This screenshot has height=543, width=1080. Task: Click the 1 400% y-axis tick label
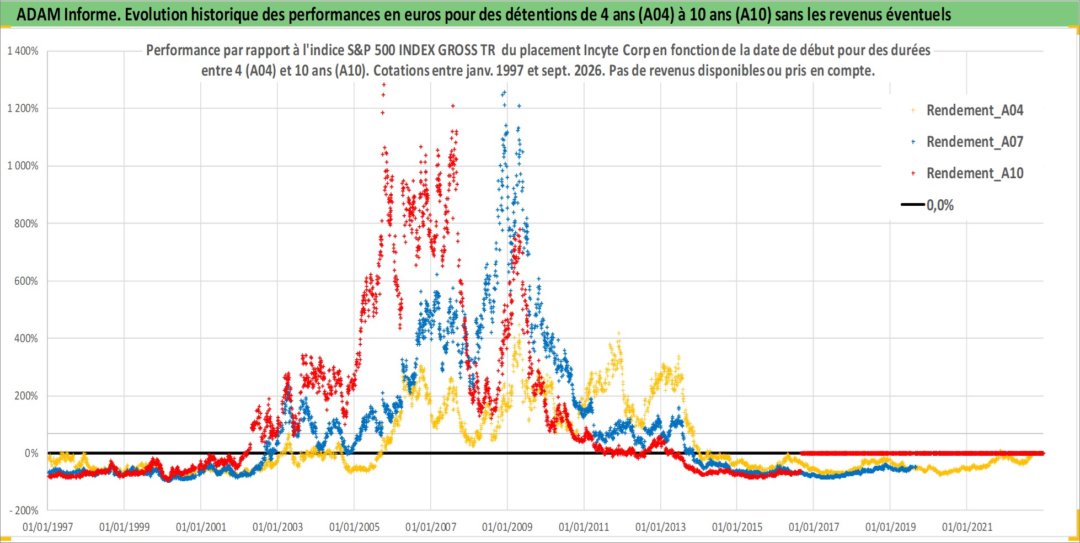(23, 51)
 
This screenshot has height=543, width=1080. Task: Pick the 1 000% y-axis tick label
(23, 166)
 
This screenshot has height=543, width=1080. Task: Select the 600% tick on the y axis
(26, 281)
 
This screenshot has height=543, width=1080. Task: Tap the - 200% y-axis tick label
(24, 510)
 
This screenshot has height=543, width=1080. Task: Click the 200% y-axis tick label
(26, 396)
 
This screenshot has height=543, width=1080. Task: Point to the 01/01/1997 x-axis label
(48, 527)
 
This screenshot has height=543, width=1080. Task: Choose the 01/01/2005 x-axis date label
(354, 527)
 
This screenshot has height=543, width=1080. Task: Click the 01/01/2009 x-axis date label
(507, 527)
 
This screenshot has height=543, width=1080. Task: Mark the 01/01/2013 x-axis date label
(660, 527)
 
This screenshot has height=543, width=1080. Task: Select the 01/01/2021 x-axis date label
(967, 527)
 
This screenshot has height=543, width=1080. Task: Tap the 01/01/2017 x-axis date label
(814, 527)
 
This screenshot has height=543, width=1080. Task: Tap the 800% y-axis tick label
(26, 223)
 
